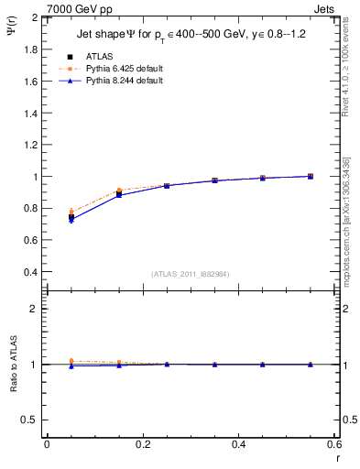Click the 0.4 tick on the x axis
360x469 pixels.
238,444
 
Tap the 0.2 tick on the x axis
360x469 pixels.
142,444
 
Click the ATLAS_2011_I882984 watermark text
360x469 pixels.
191,274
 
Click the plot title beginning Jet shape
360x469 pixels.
191,35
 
